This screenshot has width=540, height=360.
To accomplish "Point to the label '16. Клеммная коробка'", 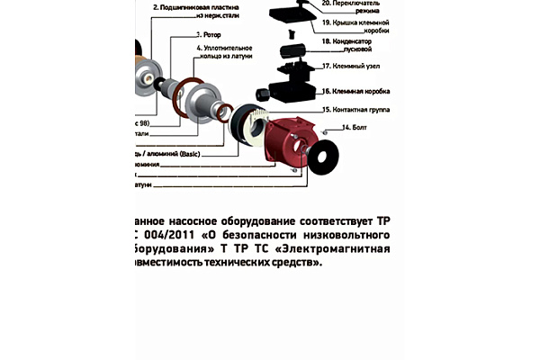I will [x=364, y=91].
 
